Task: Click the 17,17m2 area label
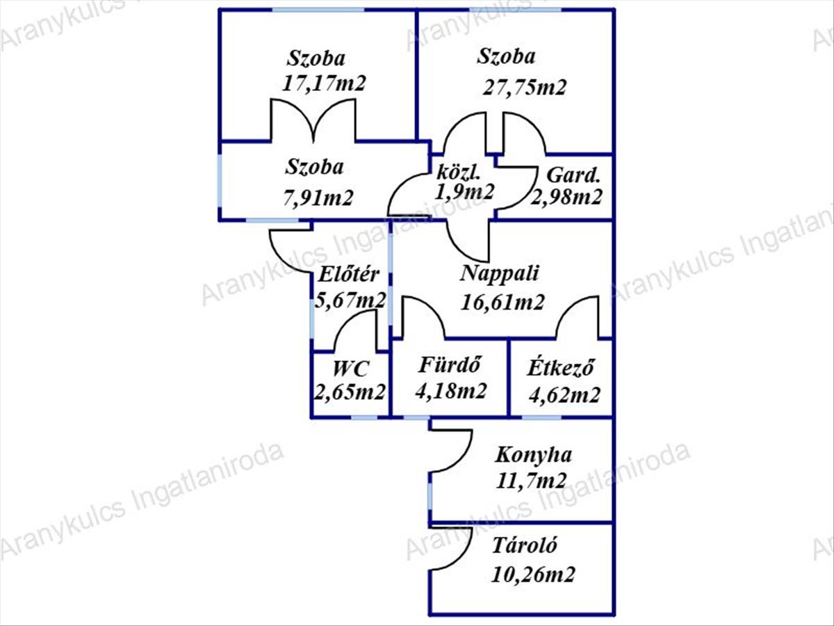click(324, 83)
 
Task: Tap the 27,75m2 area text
click(524, 87)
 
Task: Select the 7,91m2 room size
click(318, 198)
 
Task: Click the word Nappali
click(499, 273)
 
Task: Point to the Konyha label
click(533, 455)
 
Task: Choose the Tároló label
click(524, 545)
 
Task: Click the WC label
click(350, 369)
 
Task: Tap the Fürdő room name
click(450, 365)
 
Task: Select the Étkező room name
click(560, 367)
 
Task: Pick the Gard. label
click(573, 175)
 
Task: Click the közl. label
click(459, 172)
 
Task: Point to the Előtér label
click(348, 275)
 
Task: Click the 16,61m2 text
click(502, 303)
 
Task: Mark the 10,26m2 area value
click(533, 575)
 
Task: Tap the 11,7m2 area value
click(531, 481)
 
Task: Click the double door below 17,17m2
click(313, 120)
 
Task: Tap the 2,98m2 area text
click(566, 198)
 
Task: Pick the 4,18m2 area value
click(450, 390)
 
